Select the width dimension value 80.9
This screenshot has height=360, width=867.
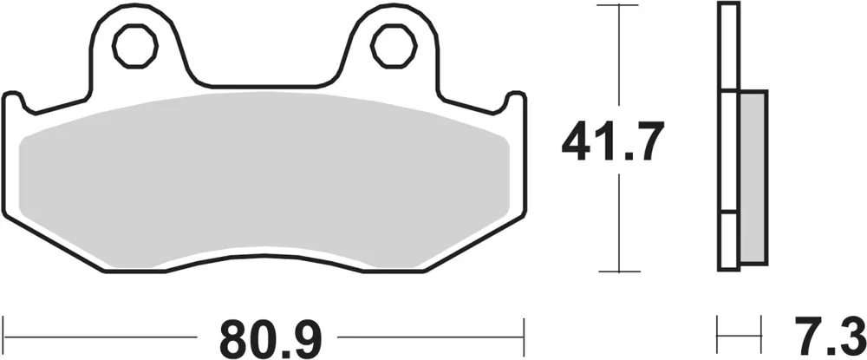[x=264, y=333]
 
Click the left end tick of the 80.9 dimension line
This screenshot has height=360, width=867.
[x=4, y=333]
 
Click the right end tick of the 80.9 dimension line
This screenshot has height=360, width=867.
[x=523, y=333]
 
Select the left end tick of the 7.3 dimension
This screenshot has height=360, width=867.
[x=719, y=333]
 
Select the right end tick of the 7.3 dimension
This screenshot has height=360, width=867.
[x=766, y=333]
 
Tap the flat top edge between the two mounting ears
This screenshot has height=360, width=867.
[x=264, y=86]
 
